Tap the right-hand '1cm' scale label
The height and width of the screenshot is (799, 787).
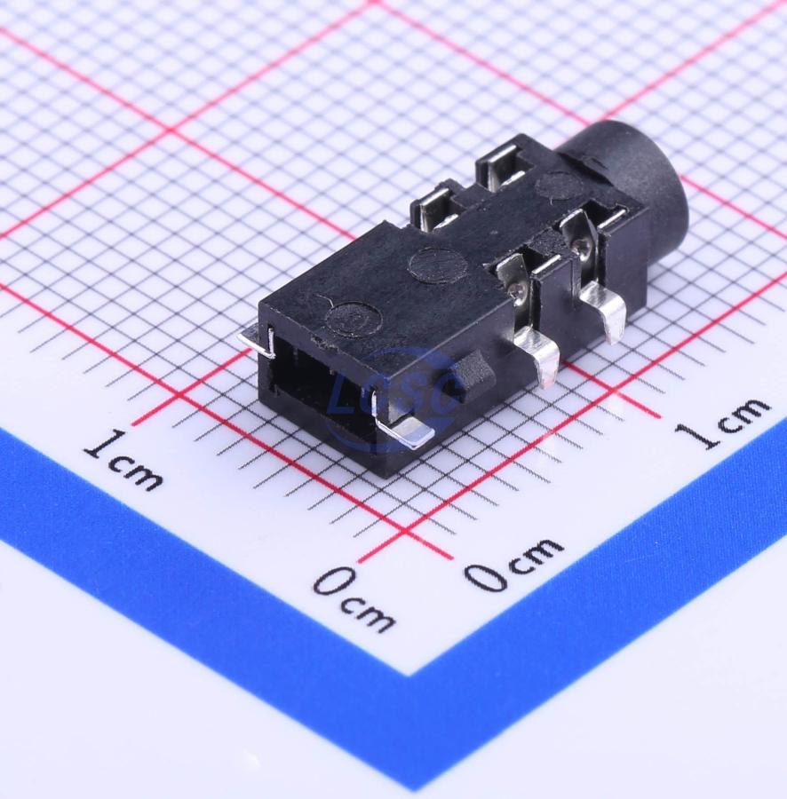coord(723,421)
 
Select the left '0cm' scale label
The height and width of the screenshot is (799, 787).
coord(354,598)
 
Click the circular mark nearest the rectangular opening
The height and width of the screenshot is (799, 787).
coord(354,319)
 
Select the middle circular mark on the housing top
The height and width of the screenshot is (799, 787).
coord(438,264)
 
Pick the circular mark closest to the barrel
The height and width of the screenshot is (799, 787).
coord(560,187)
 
